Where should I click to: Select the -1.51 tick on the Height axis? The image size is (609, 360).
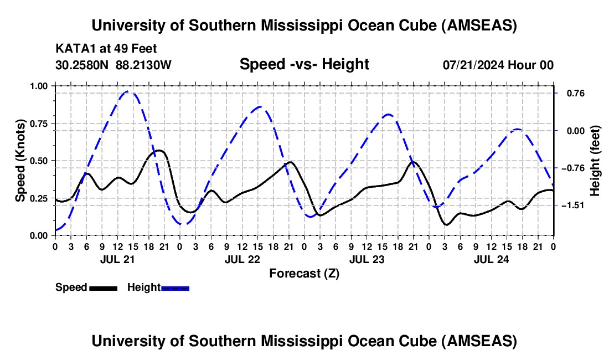click(x=572, y=205)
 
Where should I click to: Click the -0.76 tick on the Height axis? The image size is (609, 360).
click(x=572, y=168)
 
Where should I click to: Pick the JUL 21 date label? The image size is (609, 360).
click(x=117, y=259)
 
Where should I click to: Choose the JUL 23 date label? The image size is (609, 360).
click(x=366, y=259)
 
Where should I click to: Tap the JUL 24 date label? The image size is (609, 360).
click(x=491, y=259)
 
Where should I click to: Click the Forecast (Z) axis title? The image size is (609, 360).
click(x=304, y=273)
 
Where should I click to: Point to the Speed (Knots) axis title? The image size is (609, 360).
click(x=20, y=160)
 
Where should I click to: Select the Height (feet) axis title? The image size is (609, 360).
click(x=595, y=160)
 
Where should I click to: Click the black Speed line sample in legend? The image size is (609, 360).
click(x=102, y=288)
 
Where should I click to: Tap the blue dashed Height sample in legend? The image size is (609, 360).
click(x=175, y=288)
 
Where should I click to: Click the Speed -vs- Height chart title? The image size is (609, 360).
click(x=304, y=64)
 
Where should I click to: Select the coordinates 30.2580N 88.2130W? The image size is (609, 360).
click(x=113, y=65)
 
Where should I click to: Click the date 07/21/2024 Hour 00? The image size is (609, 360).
click(x=498, y=65)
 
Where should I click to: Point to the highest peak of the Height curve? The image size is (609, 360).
click(x=129, y=91)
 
